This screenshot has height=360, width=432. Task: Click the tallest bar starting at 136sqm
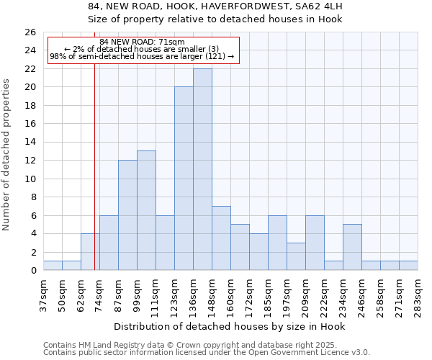coord(202,169)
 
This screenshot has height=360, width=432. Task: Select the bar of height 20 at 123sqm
coord(184,179)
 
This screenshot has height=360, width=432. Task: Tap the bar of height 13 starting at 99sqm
coord(146,210)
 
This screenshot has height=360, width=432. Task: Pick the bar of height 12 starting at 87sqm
coord(127,215)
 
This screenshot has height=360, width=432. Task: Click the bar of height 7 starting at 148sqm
coord(221,238)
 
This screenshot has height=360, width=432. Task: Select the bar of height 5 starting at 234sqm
coord(352,247)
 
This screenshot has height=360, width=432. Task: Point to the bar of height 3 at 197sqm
coord(296,256)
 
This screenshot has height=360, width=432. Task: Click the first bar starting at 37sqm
coord(53,266)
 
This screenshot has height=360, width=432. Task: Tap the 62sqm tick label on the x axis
coord(81,292)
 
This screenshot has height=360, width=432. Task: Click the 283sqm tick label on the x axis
coord(418,292)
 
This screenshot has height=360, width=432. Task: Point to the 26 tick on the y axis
coord(30,32)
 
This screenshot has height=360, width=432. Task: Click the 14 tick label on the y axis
coord(30,143)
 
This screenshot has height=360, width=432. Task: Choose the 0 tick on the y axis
coord(32,271)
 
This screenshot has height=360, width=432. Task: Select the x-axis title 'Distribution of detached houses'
coord(230,326)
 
